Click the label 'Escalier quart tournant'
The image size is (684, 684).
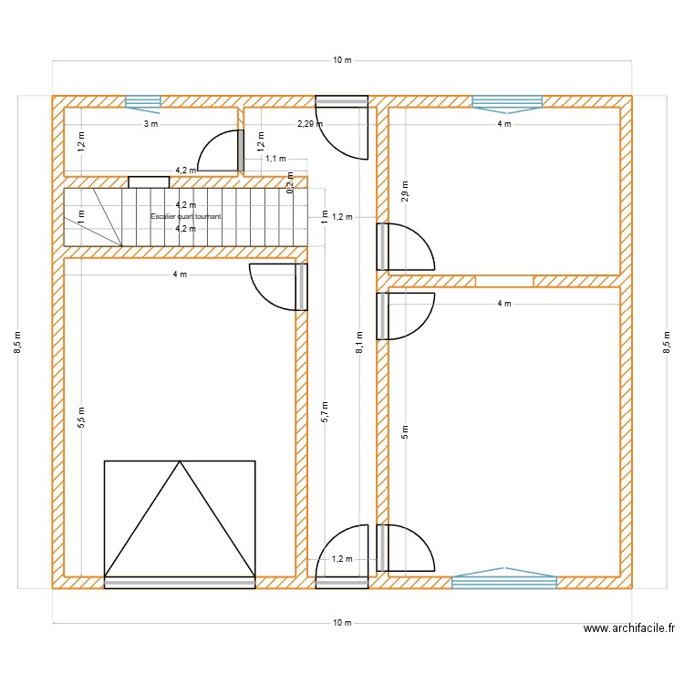click(186, 216)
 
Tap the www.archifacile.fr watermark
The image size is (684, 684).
click(628, 628)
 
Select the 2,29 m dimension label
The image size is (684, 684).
click(310, 124)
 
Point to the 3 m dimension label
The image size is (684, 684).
click(150, 124)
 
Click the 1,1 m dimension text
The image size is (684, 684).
click(275, 159)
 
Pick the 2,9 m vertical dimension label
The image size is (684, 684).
click(406, 192)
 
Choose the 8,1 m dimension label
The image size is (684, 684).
click(360, 342)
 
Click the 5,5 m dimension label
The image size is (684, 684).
click(81, 417)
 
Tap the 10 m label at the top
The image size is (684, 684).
click(342, 60)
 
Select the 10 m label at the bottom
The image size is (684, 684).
click(342, 623)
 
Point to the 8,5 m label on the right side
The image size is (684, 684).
click(667, 342)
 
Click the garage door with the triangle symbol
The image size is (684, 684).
click(180, 522)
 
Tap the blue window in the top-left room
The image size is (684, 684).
click(142, 101)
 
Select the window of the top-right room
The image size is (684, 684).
click(507, 102)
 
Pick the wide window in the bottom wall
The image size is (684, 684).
click(504, 578)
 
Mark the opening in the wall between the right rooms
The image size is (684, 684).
click(504, 281)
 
